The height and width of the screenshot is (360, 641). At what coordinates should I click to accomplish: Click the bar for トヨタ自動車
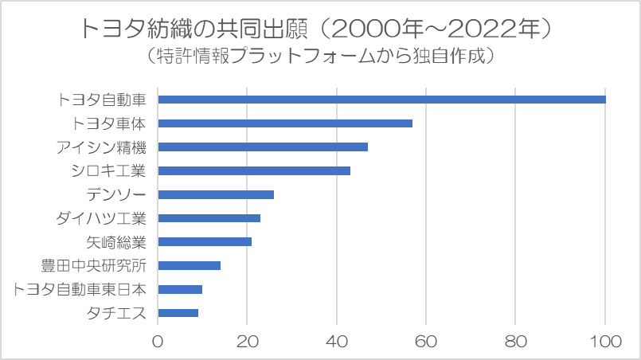381,100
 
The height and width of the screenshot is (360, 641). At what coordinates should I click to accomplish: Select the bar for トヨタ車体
285,123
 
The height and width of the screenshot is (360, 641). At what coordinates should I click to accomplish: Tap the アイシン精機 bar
263,147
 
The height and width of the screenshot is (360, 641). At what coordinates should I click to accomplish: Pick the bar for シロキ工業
254,170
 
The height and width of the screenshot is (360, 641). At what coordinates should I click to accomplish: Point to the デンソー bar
216,194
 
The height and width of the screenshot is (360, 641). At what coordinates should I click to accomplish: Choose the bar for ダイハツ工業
209,218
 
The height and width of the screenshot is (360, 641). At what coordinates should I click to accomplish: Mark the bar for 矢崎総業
205,241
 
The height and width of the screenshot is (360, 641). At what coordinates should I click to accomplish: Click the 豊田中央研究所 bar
190,265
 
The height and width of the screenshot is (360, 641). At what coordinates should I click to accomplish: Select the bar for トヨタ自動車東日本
180,289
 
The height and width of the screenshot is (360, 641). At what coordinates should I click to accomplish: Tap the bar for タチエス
178,313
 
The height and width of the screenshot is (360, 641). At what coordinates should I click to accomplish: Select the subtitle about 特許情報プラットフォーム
320,57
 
